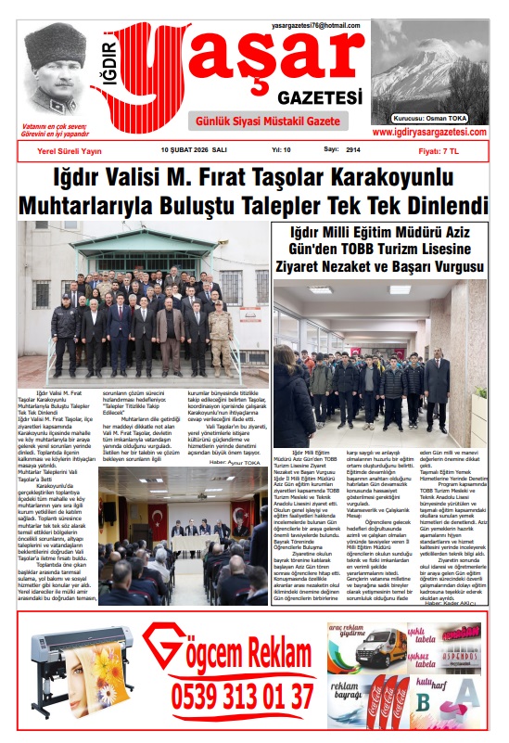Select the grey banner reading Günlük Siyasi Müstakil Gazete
tap(265, 122)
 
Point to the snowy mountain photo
tap(429, 65)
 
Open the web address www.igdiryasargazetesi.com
tap(431, 133)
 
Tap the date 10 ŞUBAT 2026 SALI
tap(194, 149)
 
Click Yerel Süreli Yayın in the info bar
tap(71, 149)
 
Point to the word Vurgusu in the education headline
tap(449, 267)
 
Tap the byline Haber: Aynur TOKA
tap(236, 461)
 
